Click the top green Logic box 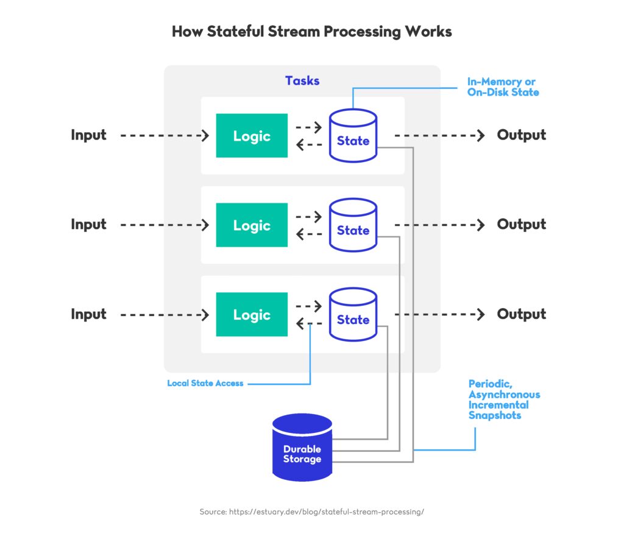(251, 136)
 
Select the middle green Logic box (251, 225)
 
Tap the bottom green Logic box (251, 315)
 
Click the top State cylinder (353, 136)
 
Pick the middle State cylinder (353, 225)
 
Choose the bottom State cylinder (353, 315)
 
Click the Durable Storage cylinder (302, 449)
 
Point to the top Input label (88, 135)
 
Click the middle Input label (88, 225)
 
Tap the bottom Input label (88, 314)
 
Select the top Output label (521, 135)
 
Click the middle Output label (521, 225)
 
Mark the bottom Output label (521, 314)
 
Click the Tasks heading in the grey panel (302, 81)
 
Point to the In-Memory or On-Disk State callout (503, 87)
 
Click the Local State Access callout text (205, 384)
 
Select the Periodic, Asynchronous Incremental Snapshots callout (503, 399)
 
